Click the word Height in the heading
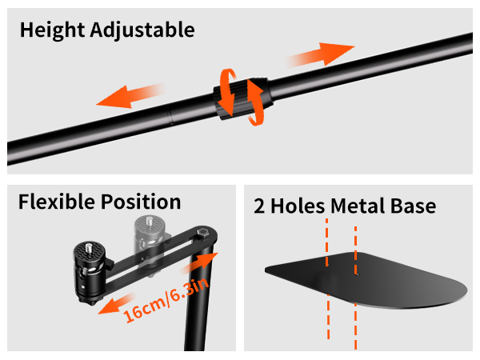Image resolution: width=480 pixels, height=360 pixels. [x=52, y=30]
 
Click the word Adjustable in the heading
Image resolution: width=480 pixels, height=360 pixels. [x=142, y=31]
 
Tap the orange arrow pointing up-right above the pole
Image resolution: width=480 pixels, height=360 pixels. [x=321, y=54]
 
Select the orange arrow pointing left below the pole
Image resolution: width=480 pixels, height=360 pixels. [x=130, y=96]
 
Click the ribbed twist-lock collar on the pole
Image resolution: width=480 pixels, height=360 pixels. [x=243, y=98]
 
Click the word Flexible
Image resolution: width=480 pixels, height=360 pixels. [x=57, y=202]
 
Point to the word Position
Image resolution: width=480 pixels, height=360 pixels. [x=141, y=202]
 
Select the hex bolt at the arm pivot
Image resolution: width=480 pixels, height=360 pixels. [x=202, y=232]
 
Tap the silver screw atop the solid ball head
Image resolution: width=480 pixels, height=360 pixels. [x=89, y=247]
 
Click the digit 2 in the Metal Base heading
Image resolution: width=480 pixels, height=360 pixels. [x=259, y=206]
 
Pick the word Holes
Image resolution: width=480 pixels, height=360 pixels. [x=298, y=206]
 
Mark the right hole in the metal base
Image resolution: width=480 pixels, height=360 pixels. [x=356, y=273]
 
